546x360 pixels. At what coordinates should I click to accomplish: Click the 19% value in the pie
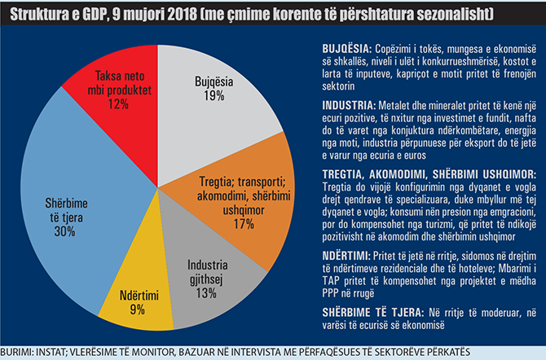(214, 97)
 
